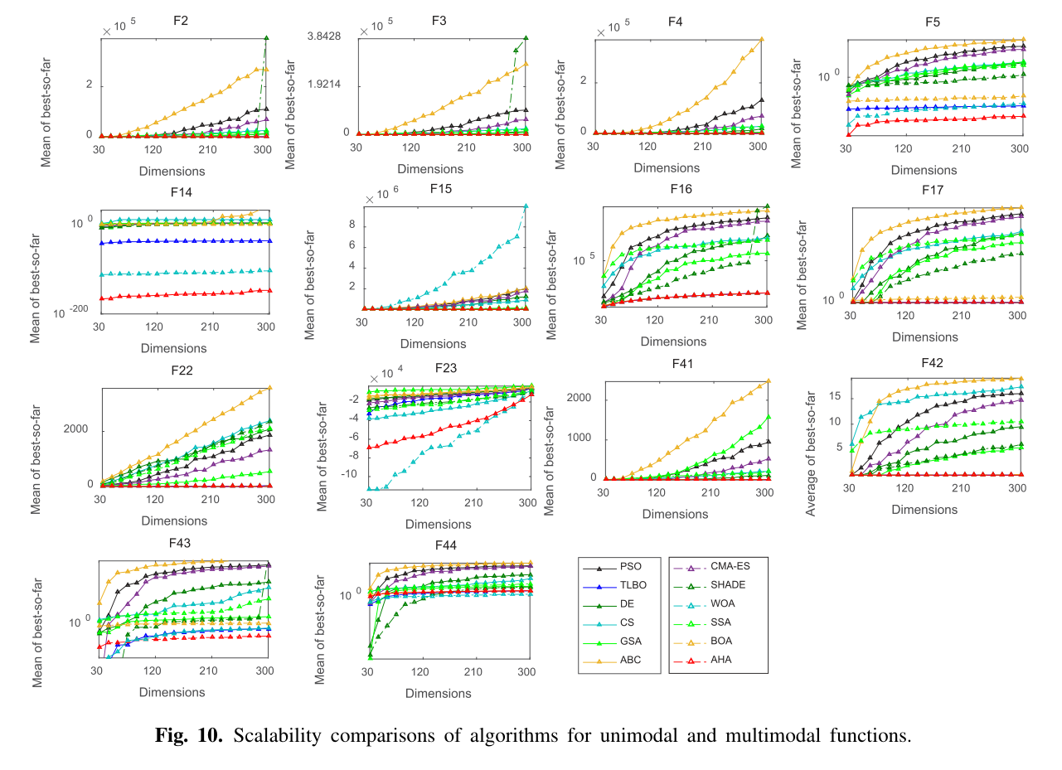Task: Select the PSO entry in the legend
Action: click(x=630, y=568)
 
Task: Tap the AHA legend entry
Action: click(x=721, y=660)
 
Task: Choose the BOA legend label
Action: click(x=721, y=641)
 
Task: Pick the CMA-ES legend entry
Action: click(x=728, y=567)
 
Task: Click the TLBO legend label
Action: click(x=633, y=586)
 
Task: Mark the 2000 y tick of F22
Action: click(x=75, y=429)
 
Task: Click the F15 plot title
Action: click(x=440, y=189)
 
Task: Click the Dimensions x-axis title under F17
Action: click(x=925, y=337)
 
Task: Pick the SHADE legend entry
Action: click(x=727, y=585)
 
